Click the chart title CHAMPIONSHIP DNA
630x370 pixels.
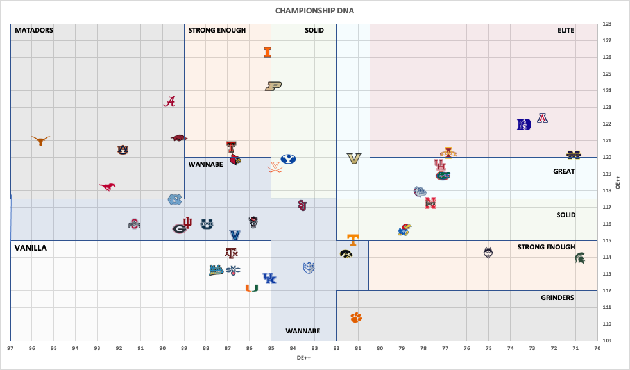point(314,11)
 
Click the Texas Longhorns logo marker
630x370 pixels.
point(41,140)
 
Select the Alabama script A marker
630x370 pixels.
point(169,101)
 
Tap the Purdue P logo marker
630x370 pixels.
point(274,86)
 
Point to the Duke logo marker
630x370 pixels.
point(524,124)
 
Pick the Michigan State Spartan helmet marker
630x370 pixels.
point(580,258)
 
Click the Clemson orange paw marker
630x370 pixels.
point(356,317)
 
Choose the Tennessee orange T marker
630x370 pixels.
point(352,240)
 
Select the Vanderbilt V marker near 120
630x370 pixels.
point(354,158)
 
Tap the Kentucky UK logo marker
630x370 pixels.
point(269,278)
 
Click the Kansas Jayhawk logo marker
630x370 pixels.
point(404,230)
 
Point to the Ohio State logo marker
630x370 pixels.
point(133,224)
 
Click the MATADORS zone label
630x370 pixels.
point(34,30)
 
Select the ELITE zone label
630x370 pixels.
point(566,30)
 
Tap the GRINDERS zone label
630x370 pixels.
point(557,298)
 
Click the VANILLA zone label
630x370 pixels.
point(30,248)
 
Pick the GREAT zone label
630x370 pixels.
point(564,171)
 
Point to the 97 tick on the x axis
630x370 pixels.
point(11,348)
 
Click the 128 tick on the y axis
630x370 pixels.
point(606,24)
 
